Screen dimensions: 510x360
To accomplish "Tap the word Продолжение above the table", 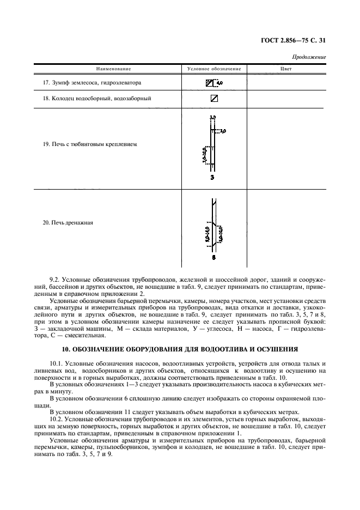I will [x=309, y=57].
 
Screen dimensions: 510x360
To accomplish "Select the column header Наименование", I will [x=114, y=69].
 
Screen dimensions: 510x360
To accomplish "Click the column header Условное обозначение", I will [x=213, y=69].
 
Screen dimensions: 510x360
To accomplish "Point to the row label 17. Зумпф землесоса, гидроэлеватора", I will [x=92, y=83].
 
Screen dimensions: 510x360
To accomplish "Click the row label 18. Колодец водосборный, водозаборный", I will [x=96, y=99].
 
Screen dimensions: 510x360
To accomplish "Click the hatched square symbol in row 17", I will [x=210, y=83].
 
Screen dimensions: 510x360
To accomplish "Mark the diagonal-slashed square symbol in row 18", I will [x=213, y=99].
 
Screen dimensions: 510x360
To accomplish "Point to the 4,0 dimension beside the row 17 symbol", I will [x=220, y=83].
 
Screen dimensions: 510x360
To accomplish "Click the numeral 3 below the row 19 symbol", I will [x=213, y=178].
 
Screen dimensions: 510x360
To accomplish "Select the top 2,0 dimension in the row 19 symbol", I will [x=213, y=117].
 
